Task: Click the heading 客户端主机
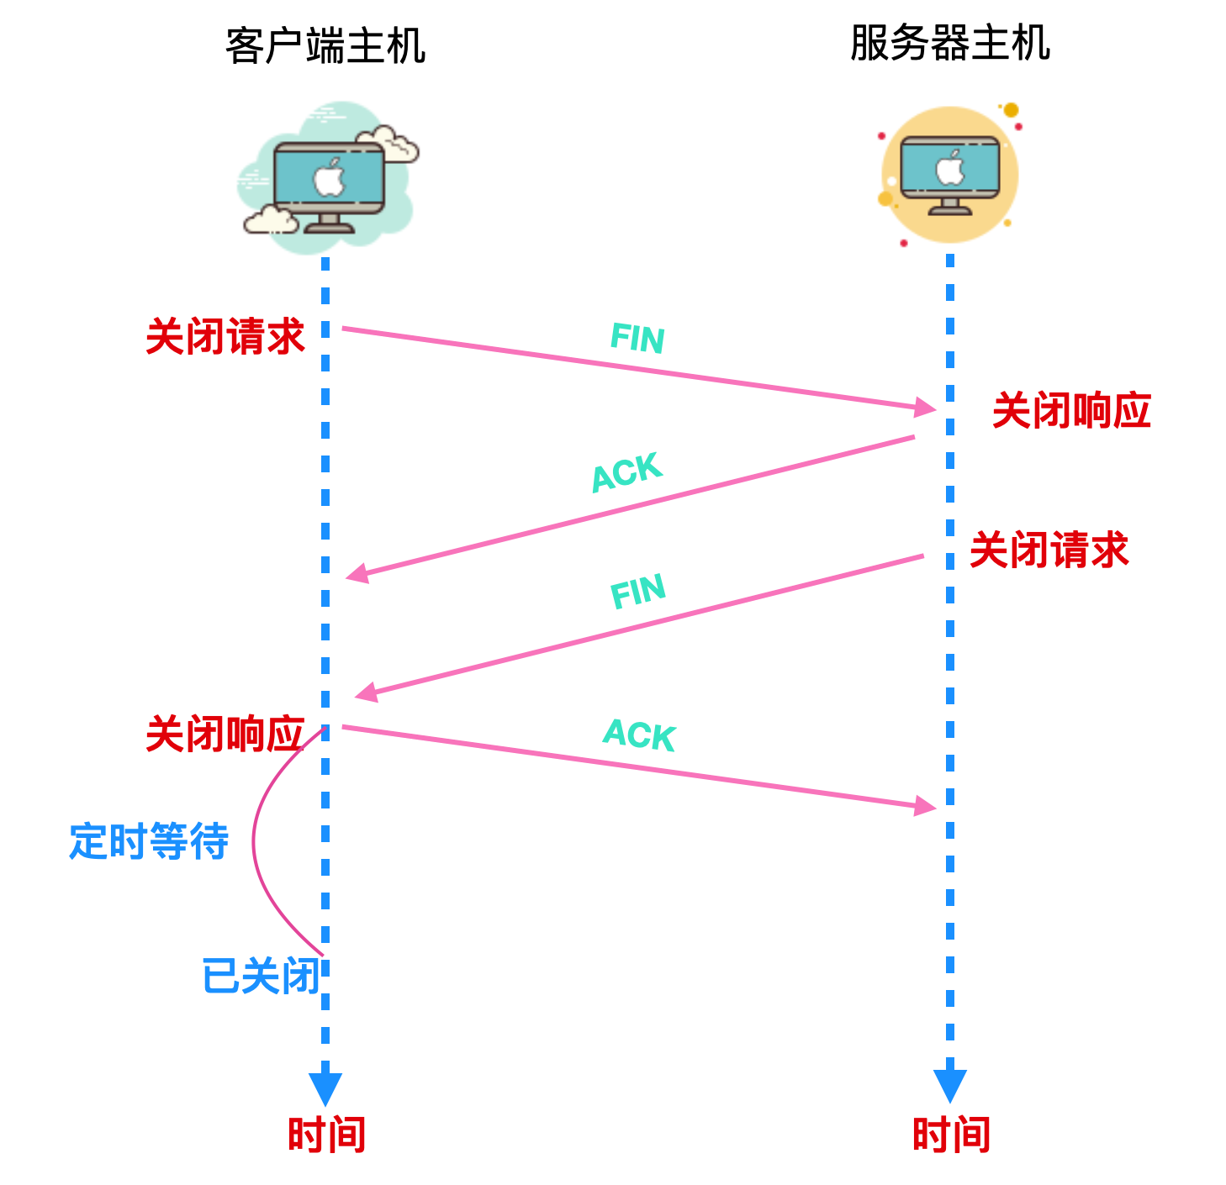coord(325,45)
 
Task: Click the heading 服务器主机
coord(950,43)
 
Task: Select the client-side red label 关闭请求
coord(225,336)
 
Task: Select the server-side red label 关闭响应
coord(1071,410)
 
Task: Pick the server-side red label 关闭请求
coord(1049,550)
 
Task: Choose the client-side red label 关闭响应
coord(225,734)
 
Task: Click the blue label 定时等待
coord(149,840)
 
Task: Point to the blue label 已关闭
coord(261,976)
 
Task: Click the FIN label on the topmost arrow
coord(637,339)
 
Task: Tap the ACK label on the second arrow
coord(627,472)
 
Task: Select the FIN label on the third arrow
coord(637,591)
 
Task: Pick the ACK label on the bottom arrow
coord(639,735)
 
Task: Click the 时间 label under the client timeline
coord(326,1134)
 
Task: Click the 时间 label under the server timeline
coord(951,1134)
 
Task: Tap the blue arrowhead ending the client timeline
coord(325,1088)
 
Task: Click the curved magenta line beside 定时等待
coord(255,840)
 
